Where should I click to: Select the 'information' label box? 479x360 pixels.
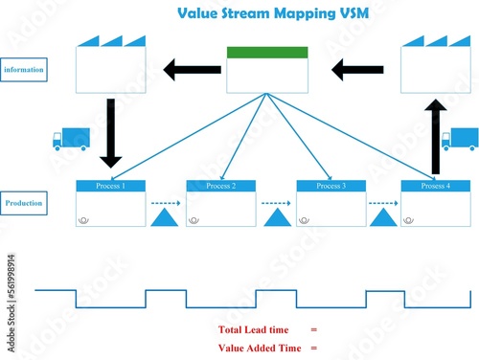[x=24, y=70]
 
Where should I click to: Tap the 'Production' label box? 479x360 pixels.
[x=24, y=203]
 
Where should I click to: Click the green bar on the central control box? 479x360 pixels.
[x=267, y=53]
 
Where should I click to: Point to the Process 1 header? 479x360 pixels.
[x=111, y=186]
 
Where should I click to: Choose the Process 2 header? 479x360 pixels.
[x=221, y=186]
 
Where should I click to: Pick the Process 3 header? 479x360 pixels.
[x=331, y=186]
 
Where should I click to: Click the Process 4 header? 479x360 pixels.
[x=435, y=186]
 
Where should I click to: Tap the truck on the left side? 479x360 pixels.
[x=71, y=140]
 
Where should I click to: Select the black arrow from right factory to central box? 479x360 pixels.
[x=356, y=69]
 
